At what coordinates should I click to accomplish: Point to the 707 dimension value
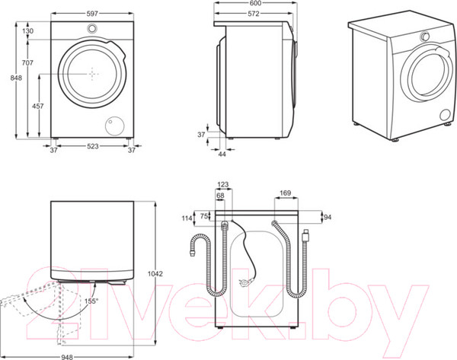pyautogui.click(x=27, y=62)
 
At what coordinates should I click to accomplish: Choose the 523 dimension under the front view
pyautogui.click(x=92, y=150)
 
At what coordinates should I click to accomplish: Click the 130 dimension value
pyautogui.click(x=27, y=30)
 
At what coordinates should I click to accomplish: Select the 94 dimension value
pyautogui.click(x=328, y=217)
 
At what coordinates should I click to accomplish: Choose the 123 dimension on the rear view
pyautogui.click(x=223, y=184)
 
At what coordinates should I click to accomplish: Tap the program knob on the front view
pyautogui.click(x=92, y=29)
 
